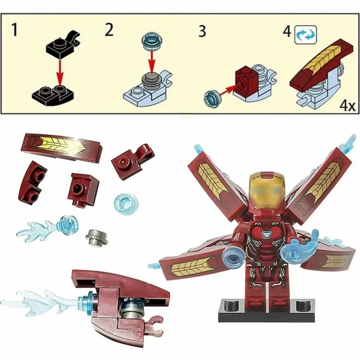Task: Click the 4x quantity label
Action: coord(347,106)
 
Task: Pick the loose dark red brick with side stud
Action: coord(85,189)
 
